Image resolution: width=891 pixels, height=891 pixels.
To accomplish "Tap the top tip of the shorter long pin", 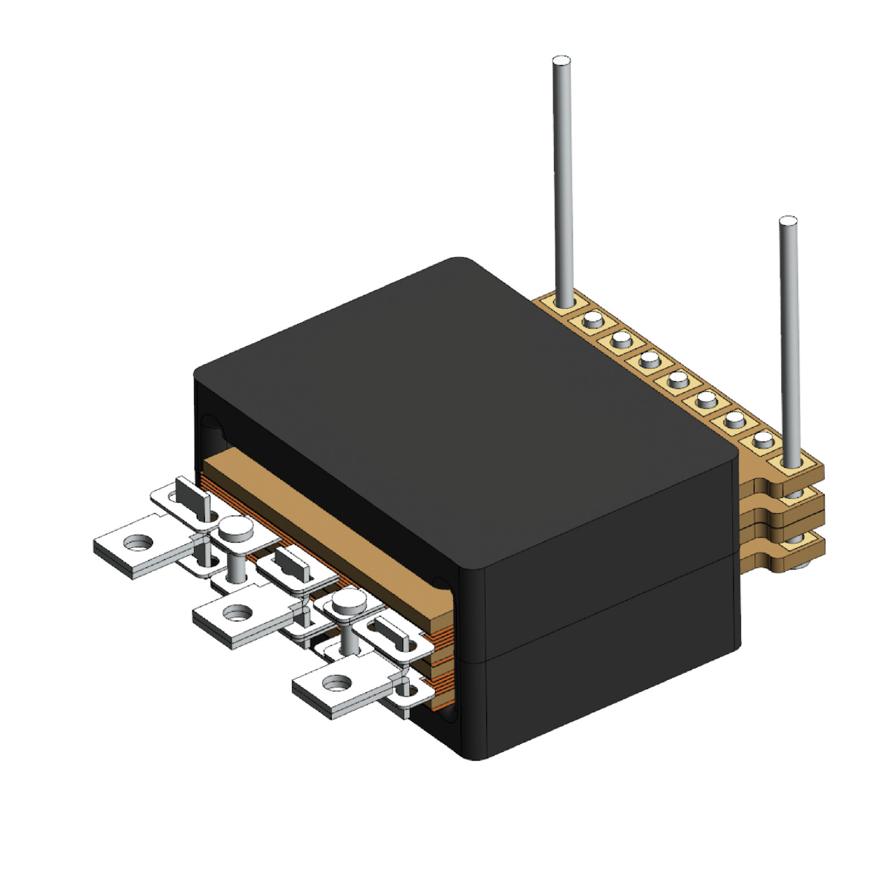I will [x=787, y=221].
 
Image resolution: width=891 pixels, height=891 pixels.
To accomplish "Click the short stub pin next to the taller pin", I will [x=592, y=320].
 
